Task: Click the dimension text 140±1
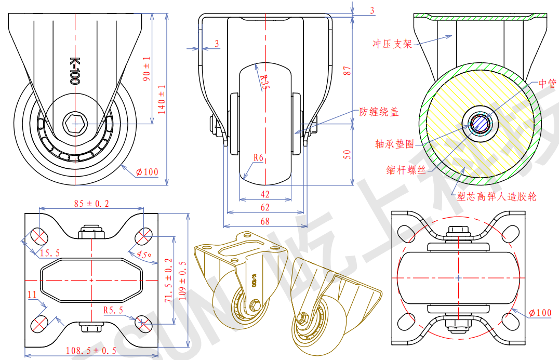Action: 162,99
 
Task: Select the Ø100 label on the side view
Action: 148,172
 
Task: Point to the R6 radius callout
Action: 260,157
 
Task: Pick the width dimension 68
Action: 265,221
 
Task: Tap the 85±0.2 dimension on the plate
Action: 91,204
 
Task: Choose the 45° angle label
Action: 144,255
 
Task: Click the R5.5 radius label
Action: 113,311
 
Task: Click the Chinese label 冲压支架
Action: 392,44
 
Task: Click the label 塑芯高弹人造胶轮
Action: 496,196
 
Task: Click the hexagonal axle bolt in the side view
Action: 75,124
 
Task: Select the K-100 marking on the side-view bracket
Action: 74,71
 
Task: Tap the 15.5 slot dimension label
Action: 49,253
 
